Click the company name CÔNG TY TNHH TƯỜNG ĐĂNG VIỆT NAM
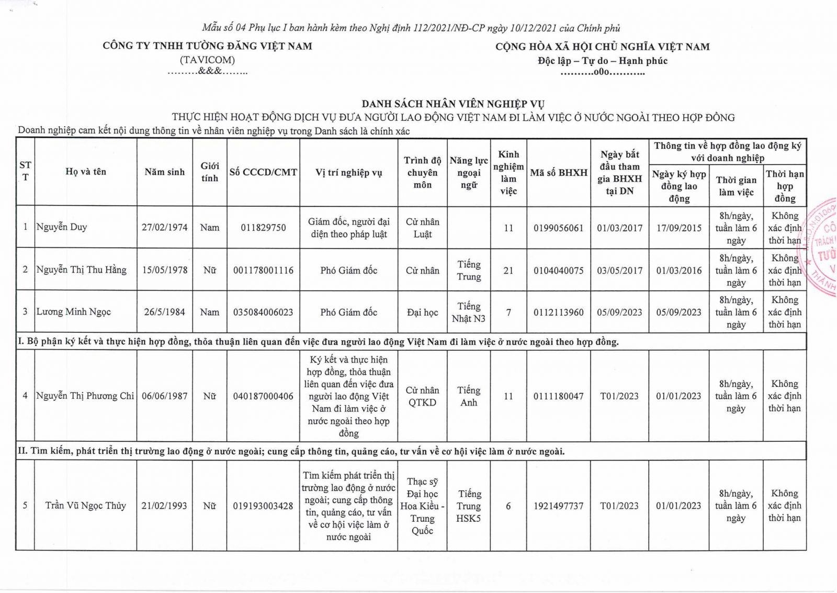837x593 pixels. tap(207, 46)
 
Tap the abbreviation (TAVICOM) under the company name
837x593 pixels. tap(207, 60)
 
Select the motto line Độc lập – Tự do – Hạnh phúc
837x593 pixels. tap(603, 61)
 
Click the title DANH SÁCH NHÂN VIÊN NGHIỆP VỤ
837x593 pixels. tap(453, 104)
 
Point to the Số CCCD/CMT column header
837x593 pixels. tap(263, 172)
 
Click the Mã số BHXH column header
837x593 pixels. tap(559, 172)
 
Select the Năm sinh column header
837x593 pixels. tap(165, 172)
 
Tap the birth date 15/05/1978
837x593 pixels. tap(165, 270)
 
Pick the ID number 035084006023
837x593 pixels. tap(263, 312)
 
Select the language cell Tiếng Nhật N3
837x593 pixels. tap(469, 312)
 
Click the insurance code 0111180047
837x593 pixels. tap(559, 396)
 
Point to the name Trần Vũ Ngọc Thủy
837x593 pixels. tap(86, 506)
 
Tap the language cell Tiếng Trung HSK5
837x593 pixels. tap(469, 506)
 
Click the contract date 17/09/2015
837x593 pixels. tap(679, 228)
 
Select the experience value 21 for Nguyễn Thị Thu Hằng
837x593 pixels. tap(508, 270)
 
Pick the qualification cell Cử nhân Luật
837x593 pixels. tap(423, 228)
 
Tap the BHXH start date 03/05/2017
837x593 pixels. tap(620, 270)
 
